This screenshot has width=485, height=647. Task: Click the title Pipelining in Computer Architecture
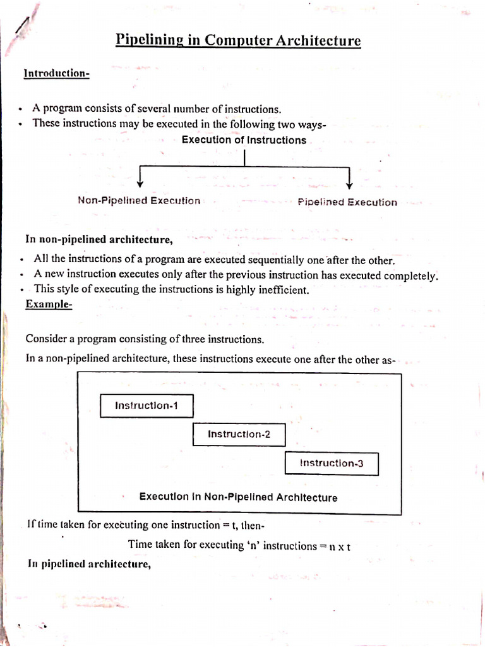[x=238, y=41]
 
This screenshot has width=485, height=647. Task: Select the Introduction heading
[x=56, y=74]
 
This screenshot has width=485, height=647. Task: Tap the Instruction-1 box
[x=147, y=406]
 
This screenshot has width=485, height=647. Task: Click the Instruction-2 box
[x=239, y=435]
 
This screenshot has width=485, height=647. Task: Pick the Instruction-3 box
[x=332, y=464]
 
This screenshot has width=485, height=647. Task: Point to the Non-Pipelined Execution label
[x=139, y=201]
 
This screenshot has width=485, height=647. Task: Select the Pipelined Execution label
[x=347, y=202]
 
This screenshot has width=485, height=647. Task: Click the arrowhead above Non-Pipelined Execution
[x=140, y=183]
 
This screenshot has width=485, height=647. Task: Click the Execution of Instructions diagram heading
[x=244, y=140]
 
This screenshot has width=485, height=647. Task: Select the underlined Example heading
[x=49, y=305]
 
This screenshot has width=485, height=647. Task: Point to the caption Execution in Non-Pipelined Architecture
[x=238, y=497]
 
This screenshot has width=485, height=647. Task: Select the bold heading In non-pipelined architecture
[x=99, y=239]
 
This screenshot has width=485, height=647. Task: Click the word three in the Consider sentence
[x=186, y=339]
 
